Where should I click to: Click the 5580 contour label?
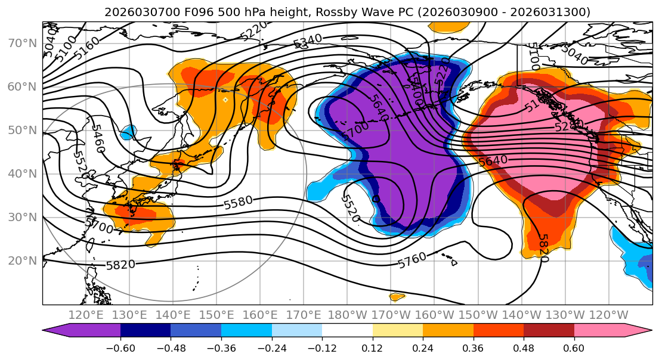pos(239,203)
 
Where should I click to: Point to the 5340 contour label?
pos(308,40)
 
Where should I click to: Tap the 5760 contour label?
pos(412,260)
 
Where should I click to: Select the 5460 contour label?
pos(98,138)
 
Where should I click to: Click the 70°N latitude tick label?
pos(21,43)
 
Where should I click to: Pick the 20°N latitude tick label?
pos(21,260)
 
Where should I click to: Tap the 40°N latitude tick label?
pos(21,173)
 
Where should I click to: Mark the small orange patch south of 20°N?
pos(397,296)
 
